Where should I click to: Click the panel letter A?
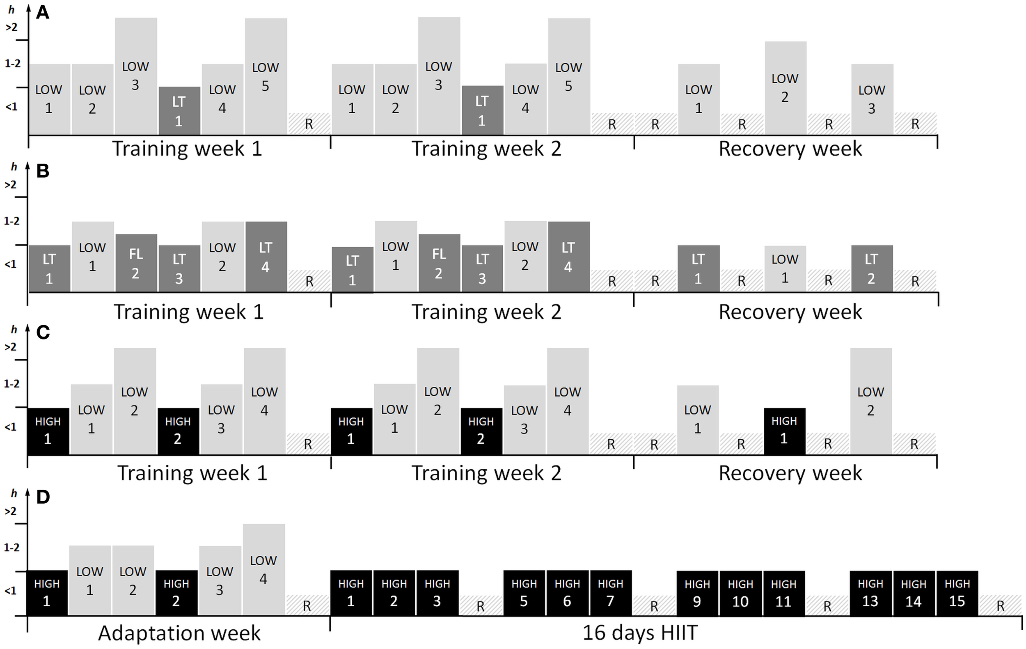pyautogui.click(x=43, y=13)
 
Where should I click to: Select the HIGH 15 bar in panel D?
pyautogui.click(x=957, y=593)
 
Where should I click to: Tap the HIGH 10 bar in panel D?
pyautogui.click(x=740, y=593)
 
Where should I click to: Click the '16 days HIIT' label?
pyautogui.click(x=639, y=633)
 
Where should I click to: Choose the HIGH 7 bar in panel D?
pyautogui.click(x=611, y=593)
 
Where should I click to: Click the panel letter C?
pyautogui.click(x=43, y=333)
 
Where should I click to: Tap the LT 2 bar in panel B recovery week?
pyautogui.click(x=872, y=268)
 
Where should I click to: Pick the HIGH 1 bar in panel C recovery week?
pyautogui.click(x=784, y=431)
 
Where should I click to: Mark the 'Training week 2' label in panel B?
pyautogui.click(x=486, y=312)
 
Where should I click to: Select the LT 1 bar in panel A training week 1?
pyautogui.click(x=179, y=111)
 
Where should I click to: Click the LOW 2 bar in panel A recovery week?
pyautogui.click(x=785, y=88)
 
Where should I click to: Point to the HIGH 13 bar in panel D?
pyautogui.click(x=870, y=593)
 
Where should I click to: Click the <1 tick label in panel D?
pyautogui.click(x=11, y=591)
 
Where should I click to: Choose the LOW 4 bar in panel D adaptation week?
pyautogui.click(x=264, y=569)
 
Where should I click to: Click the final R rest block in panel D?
pyautogui.click(x=1001, y=605)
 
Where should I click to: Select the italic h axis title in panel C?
pyautogui.click(x=14, y=329)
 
